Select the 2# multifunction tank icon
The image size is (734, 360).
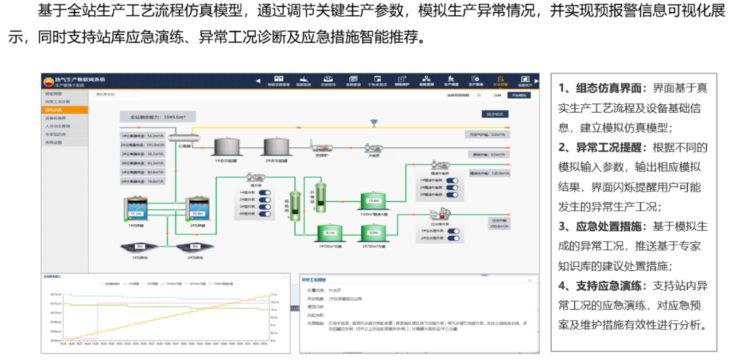[x=275, y=145]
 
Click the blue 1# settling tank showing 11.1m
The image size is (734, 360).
[x=135, y=210]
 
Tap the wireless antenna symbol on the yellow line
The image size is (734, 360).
[x=373, y=123]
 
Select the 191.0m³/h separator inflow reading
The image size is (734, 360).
[x=143, y=145]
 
